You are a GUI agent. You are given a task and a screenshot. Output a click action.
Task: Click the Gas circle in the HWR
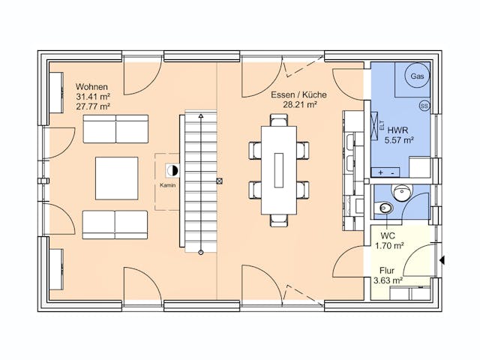[417, 76]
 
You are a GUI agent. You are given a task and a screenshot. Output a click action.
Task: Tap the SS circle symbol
[424, 106]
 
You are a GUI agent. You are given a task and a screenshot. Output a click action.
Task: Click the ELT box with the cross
[375, 126]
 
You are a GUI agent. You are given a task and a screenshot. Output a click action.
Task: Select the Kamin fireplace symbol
[172, 170]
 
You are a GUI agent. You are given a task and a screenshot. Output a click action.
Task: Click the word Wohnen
[91, 87]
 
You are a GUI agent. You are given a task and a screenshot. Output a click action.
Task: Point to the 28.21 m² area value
[300, 105]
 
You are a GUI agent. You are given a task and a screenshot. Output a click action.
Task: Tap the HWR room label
[397, 130]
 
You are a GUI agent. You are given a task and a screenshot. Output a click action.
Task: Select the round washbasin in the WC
[402, 193]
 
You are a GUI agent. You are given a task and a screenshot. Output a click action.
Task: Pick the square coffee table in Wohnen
[117, 178]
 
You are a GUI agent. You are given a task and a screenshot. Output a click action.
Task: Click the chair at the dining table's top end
[279, 120]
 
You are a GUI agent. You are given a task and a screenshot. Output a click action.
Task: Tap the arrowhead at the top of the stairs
[201, 116]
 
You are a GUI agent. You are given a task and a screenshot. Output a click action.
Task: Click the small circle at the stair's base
[201, 253]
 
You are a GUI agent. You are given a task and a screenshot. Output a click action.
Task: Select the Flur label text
[387, 271]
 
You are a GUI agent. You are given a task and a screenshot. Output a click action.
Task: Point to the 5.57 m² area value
[399, 140]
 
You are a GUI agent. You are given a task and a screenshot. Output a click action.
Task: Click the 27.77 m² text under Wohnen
[93, 106]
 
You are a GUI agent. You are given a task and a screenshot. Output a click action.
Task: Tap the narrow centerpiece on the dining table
[278, 170]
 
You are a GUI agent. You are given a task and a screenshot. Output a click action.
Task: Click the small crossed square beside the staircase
[219, 181]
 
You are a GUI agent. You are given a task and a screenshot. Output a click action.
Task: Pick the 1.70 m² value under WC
[389, 245]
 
